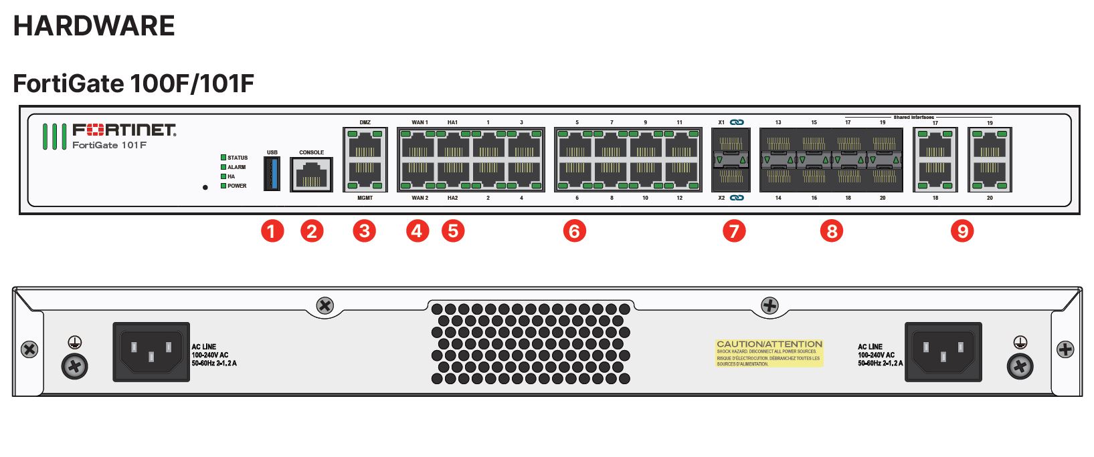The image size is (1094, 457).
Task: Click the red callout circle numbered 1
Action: (272, 231)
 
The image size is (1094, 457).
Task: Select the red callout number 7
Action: (734, 231)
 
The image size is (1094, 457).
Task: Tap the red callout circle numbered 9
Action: (962, 231)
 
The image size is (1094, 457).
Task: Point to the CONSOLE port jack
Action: (311, 175)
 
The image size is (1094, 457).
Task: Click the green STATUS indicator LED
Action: (223, 158)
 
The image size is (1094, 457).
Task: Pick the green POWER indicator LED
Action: (223, 186)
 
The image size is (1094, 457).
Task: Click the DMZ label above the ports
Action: (365, 122)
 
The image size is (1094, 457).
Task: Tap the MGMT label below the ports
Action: (365, 198)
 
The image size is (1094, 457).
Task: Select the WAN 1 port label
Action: (420, 122)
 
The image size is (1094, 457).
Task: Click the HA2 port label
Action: (453, 198)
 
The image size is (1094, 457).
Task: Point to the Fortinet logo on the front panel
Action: (124, 129)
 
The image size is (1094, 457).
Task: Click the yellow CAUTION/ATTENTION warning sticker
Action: (769, 353)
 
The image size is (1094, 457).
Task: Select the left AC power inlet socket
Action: (151, 351)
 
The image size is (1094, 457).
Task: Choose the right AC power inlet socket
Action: (943, 351)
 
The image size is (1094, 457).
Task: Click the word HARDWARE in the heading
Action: (94, 26)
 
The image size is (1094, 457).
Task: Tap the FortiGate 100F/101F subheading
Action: (133, 84)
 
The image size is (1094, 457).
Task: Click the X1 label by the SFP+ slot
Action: (721, 122)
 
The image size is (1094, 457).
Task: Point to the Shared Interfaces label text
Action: (913, 117)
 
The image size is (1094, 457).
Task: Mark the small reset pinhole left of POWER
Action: (205, 187)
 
